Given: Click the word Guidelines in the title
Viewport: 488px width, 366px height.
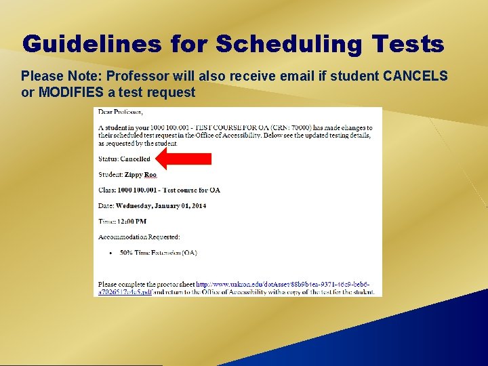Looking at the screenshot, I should [91, 45].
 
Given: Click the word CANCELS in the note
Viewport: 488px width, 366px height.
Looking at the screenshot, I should [415, 76].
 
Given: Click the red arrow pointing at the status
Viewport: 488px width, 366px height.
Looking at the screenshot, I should [183, 159].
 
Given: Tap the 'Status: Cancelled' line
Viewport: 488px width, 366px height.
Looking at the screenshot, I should [124, 159].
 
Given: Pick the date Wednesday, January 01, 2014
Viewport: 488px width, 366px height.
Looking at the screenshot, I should [161, 205].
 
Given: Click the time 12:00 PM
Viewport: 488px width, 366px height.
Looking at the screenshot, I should [131, 221].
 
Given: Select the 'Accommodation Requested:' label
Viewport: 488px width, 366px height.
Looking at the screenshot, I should [139, 237].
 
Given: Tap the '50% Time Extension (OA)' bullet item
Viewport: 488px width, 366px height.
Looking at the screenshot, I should [158, 253].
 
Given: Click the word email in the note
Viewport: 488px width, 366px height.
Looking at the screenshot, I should [293, 76].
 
